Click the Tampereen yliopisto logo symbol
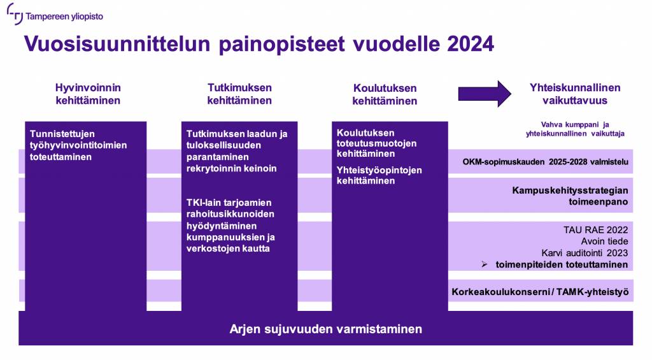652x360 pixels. click(15, 14)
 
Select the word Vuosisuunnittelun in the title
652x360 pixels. click(117, 44)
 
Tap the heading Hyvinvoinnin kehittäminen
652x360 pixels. click(88, 94)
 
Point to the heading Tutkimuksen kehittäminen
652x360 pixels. click(239, 94)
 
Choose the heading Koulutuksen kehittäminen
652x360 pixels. click(385, 94)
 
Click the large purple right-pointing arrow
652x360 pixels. click(485, 94)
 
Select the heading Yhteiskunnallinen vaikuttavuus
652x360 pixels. click(575, 94)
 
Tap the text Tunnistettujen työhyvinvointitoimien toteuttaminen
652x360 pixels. click(78, 145)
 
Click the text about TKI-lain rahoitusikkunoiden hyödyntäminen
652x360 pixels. click(230, 226)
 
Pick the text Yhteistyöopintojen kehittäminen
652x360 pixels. click(379, 175)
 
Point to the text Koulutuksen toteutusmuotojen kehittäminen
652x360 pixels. click(377, 143)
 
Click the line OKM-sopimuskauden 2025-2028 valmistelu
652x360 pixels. click(545, 162)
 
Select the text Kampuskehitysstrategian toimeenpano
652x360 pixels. click(570, 196)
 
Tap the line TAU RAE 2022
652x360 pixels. click(595, 230)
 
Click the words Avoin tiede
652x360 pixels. click(605, 241)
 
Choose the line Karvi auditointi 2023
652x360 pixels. click(585, 253)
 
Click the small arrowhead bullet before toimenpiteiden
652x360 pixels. click(485, 264)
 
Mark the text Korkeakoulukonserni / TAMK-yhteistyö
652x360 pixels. click(540, 292)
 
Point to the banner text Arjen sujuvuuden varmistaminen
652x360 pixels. click(325, 329)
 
